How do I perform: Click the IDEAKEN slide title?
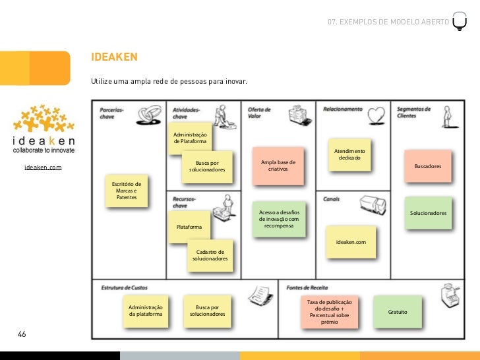click(114, 58)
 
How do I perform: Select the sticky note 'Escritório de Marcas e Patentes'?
click(126, 190)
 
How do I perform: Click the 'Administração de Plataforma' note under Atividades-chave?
click(189, 138)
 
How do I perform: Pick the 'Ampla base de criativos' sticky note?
click(278, 165)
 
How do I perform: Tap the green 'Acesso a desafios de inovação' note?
click(279, 219)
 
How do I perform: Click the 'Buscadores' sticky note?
click(428, 166)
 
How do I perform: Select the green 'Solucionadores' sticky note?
click(428, 213)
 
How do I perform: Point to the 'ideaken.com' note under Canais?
click(350, 242)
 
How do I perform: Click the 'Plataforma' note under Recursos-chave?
click(189, 227)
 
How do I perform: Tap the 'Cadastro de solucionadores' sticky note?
click(210, 255)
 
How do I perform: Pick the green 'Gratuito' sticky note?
click(398, 311)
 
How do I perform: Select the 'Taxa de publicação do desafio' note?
click(329, 311)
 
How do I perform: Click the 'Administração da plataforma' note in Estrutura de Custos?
click(145, 311)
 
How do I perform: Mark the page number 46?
click(22, 335)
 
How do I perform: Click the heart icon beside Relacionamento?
click(376, 114)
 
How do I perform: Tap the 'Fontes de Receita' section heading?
click(307, 288)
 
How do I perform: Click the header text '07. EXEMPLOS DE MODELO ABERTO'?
click(388, 22)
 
